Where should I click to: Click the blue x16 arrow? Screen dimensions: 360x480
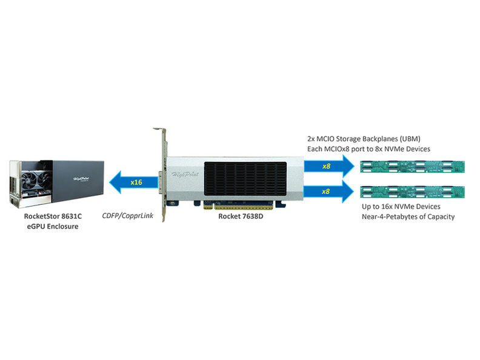point(130,182)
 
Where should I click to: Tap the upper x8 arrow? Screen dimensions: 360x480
point(328,165)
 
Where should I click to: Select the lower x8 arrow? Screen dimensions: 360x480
point(328,191)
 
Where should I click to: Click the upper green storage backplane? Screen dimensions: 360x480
point(412,166)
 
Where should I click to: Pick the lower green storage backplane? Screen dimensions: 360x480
point(412,192)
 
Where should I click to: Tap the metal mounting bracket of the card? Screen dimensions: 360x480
point(162,176)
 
